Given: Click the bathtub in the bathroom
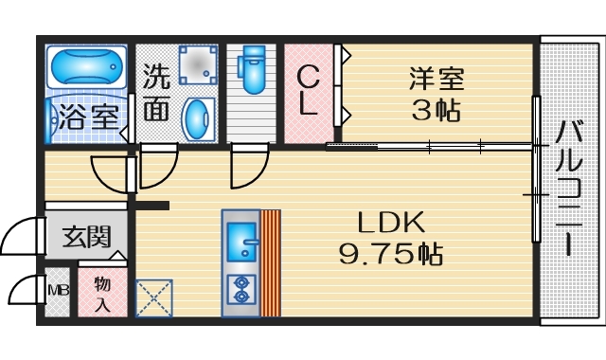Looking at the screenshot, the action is coord(86,68).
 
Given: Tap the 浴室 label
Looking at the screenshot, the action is coord(85,118).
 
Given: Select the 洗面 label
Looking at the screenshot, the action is coord(156,93).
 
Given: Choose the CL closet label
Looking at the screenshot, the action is coord(308,92).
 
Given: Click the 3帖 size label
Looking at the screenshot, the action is coord(436,110).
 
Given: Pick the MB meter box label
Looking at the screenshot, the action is coord(57,290).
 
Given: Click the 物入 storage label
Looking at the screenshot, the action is coord(102,294).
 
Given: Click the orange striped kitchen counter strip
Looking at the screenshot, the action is coord(271,262).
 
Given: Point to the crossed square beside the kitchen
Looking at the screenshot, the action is coord(152,297).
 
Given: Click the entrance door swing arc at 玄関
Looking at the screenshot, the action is coord(19,237).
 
